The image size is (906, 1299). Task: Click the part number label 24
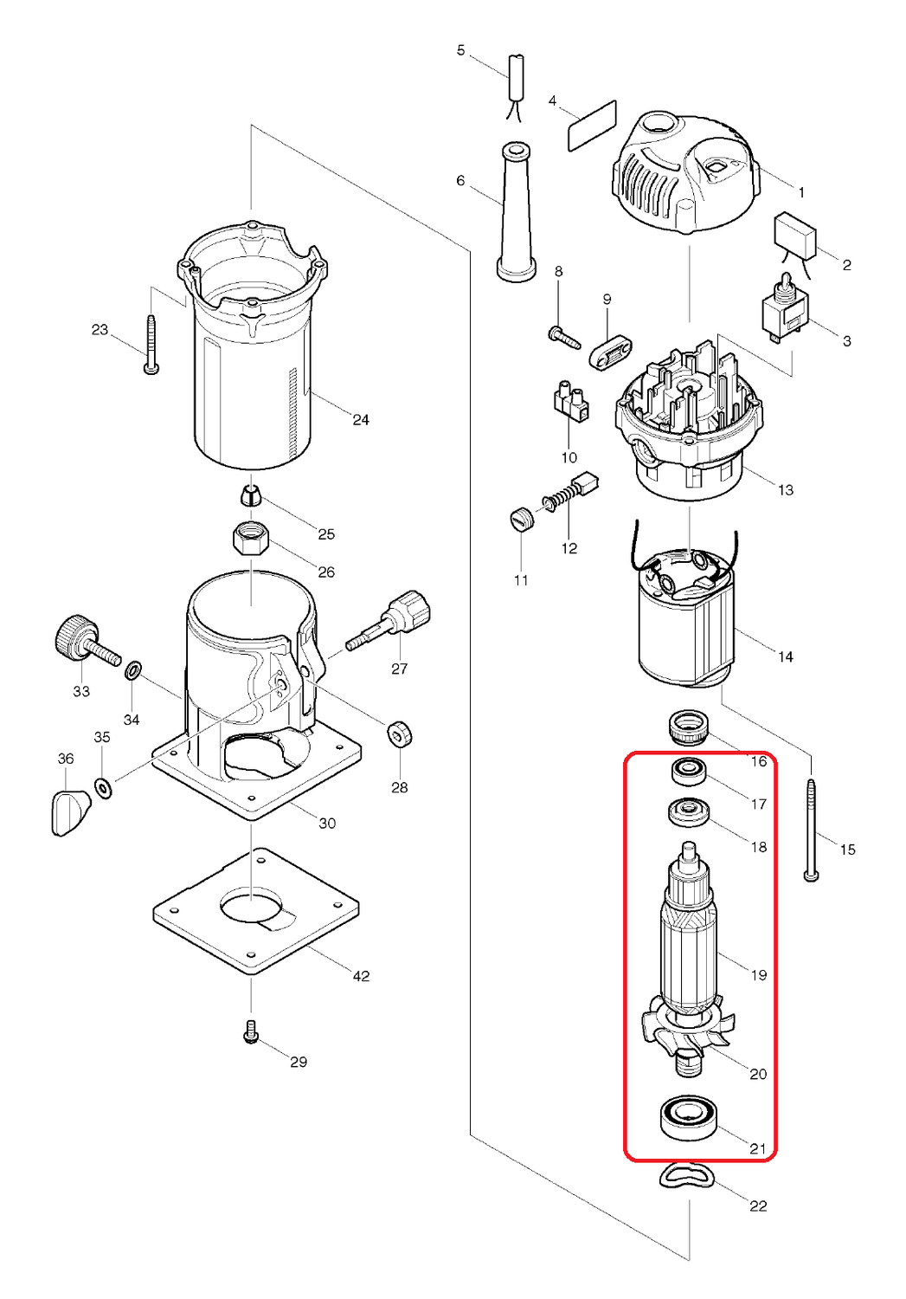tap(361, 420)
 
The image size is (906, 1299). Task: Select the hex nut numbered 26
tap(251, 540)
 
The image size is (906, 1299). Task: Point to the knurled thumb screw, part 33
tap(82, 639)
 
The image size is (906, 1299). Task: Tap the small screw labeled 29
tap(252, 1031)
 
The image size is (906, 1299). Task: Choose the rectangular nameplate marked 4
tap(592, 126)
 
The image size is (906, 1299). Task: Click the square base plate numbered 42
tap(256, 912)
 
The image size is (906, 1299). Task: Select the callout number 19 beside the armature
tap(759, 975)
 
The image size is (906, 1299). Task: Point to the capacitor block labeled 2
tap(794, 234)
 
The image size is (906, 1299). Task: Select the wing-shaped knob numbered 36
tap(68, 812)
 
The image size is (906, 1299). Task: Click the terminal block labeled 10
tap(569, 403)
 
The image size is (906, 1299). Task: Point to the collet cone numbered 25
tap(250, 496)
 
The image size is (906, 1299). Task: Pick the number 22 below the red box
tap(758, 1205)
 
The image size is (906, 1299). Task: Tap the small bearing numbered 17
tap(690, 770)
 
